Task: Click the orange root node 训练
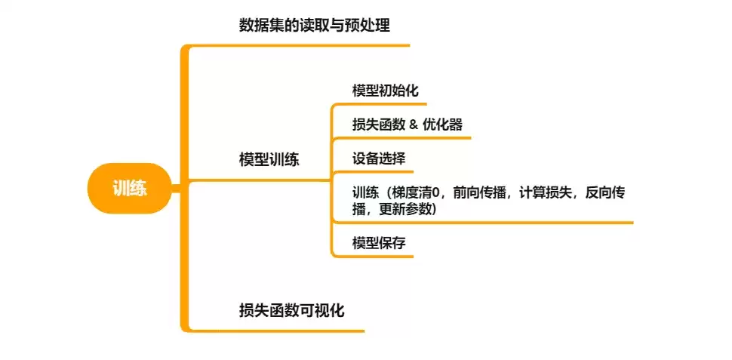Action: coord(129,188)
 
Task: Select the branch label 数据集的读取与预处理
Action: coord(314,25)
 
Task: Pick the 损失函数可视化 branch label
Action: coord(291,310)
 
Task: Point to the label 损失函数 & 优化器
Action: coord(407,125)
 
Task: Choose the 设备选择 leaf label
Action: coord(379,158)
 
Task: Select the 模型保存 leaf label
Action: coord(379,243)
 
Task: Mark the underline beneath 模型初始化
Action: coord(380,103)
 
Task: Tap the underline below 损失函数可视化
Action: coord(277,331)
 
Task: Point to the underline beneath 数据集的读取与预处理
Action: coord(299,45)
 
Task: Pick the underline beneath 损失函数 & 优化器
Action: coord(402,138)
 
